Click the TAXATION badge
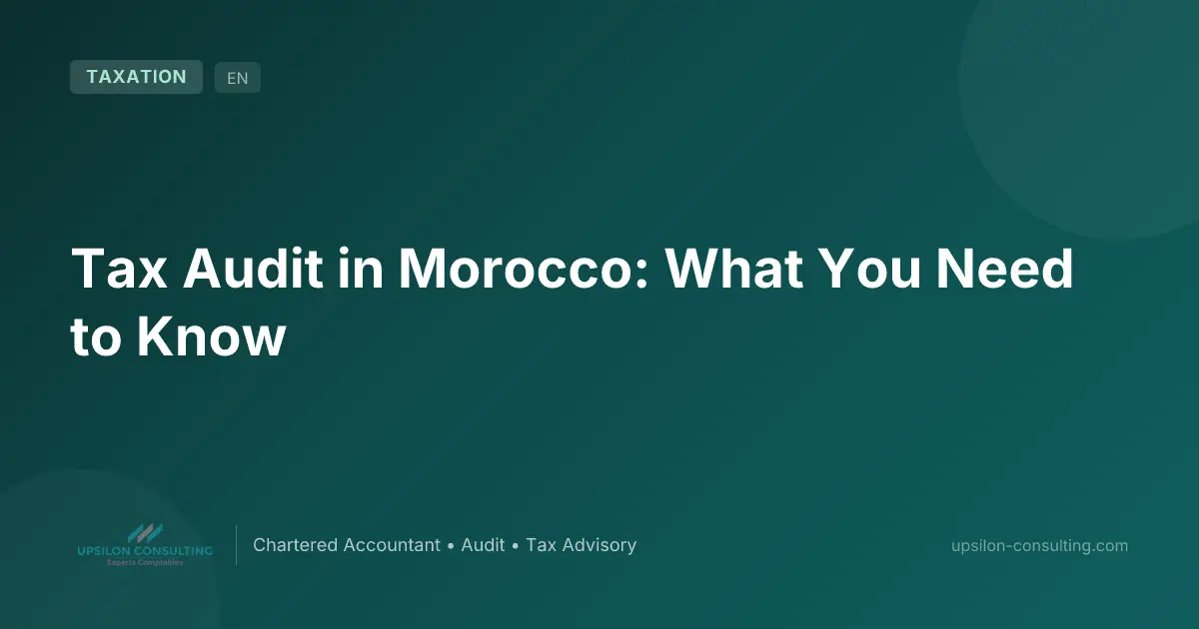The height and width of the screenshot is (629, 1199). [136, 77]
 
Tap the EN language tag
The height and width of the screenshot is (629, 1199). [238, 78]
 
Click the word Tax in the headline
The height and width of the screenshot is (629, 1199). [119, 268]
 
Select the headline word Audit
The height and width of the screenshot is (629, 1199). [253, 268]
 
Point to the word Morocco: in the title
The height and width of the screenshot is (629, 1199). [524, 268]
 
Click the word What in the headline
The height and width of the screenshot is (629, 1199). [733, 268]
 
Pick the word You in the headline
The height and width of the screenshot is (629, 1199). [869, 268]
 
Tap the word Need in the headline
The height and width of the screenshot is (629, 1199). [1004, 268]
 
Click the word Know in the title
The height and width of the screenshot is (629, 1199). [212, 336]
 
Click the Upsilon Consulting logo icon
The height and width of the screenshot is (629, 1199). [145, 533]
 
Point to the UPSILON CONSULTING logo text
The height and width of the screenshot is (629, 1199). [145, 551]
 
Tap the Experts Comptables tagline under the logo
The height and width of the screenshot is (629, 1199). [145, 562]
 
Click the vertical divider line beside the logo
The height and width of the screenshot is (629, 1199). [236, 545]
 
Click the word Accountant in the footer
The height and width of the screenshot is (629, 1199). [392, 545]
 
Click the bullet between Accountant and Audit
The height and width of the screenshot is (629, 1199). [451, 546]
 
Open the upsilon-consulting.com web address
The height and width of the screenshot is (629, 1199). [1039, 545]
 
